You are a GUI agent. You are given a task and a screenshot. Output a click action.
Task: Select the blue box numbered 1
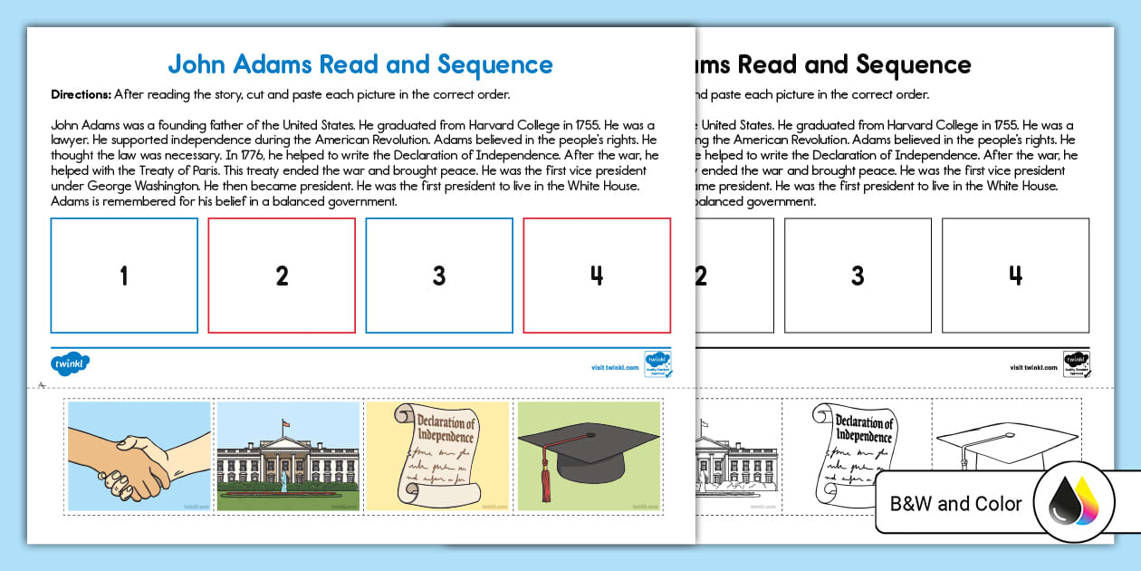coord(124,276)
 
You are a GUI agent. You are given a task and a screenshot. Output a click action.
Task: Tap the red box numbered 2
coord(282,276)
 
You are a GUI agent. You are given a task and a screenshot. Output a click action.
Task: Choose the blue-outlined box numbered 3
coord(439,276)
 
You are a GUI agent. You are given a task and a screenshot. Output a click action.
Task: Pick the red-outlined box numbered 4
coord(597,276)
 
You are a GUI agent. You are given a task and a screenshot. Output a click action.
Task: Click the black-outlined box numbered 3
coord(858,276)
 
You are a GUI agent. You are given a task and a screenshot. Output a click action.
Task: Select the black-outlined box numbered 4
coord(1015,276)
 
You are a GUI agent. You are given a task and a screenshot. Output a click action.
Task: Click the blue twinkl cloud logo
coord(70,364)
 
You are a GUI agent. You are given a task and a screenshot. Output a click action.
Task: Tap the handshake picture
coord(139,458)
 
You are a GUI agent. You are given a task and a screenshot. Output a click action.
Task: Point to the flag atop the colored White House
coord(287,422)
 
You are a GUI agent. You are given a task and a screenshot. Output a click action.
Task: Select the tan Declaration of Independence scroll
coord(437,456)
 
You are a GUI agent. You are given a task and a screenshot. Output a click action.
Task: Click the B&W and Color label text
coord(955,504)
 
